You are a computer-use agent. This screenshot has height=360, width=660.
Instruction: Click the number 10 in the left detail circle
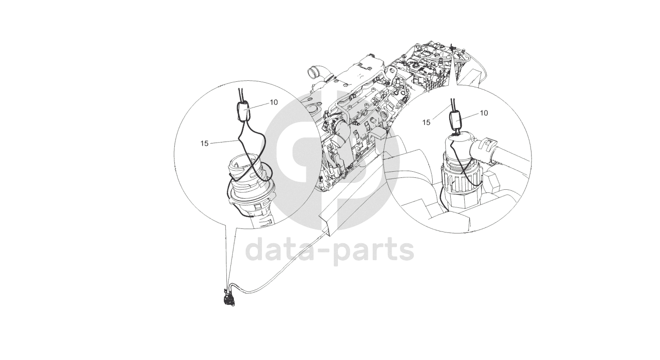tap(274, 102)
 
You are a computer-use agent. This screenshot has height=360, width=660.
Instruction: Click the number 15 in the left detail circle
tap(204, 144)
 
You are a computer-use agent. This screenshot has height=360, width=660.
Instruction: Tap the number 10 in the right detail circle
tap(484, 113)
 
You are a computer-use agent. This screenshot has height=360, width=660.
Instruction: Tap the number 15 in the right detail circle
tap(426, 122)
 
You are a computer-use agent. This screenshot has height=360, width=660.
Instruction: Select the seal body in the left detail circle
tap(243, 111)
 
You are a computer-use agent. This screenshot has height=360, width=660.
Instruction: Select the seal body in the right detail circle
tap(456, 121)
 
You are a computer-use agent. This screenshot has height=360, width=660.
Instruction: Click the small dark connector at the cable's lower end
tap(229, 300)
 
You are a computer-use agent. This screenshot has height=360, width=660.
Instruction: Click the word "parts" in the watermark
tap(373, 251)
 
